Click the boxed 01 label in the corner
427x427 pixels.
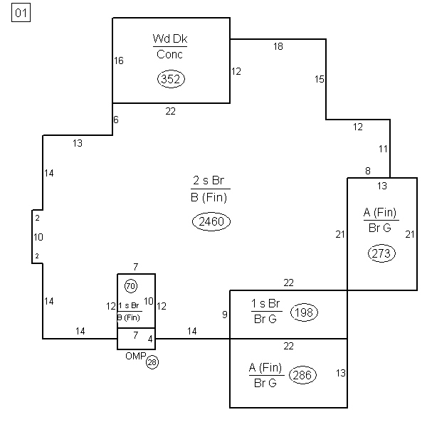tap(21, 13)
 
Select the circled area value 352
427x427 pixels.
tap(171, 79)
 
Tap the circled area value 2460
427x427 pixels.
tap(211, 221)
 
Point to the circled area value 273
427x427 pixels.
tap(381, 253)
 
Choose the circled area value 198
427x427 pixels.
tap(304, 312)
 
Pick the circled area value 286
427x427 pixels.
tap(302, 375)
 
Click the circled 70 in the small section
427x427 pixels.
tap(131, 286)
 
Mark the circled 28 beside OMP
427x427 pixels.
tap(152, 362)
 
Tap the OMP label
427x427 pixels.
tap(136, 356)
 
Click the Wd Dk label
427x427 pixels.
tap(170, 38)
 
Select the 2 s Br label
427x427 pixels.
tap(209, 180)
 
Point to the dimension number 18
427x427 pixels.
tap(278, 46)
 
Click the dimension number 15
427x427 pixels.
tap(320, 79)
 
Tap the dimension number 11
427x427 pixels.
tap(383, 149)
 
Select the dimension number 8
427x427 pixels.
tap(368, 171)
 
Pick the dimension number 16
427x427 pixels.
tap(119, 60)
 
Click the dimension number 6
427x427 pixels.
tap(116, 120)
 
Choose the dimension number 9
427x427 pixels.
tap(225, 315)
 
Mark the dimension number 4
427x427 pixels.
tap(150, 339)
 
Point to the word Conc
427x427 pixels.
tap(169, 54)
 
